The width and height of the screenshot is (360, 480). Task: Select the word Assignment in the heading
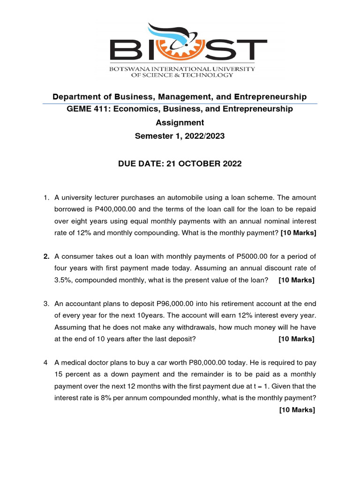coord(180,122)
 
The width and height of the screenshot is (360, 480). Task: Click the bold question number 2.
coord(46,256)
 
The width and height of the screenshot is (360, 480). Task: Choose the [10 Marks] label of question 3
coord(296,339)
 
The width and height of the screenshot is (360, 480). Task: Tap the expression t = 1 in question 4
coord(265,386)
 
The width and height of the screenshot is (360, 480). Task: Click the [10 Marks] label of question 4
coord(297,410)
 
